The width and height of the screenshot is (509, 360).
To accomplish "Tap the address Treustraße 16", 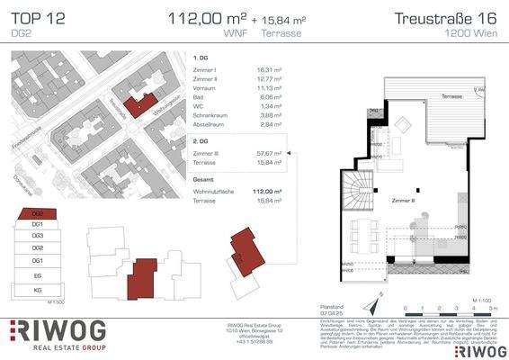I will click(447, 18).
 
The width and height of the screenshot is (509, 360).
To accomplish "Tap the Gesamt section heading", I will click(204, 180).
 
